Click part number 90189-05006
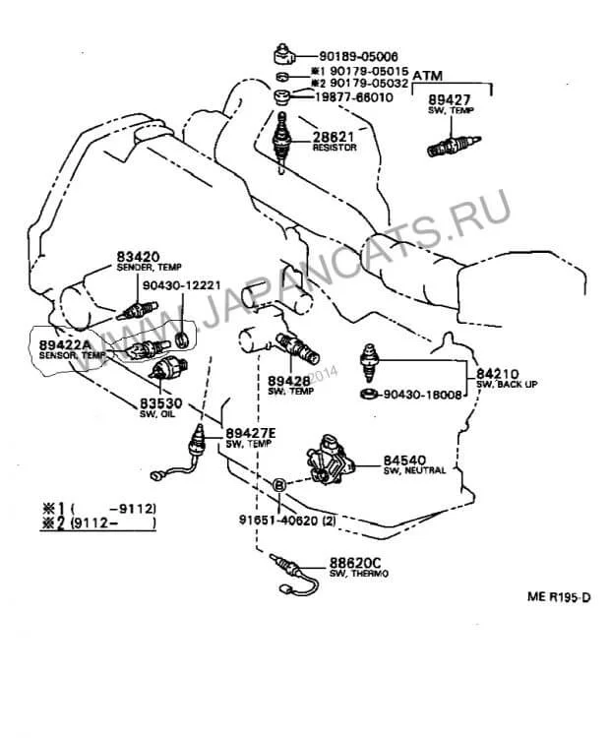pos(356,57)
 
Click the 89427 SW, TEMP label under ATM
pos(450,105)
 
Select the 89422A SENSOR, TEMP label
pos(65,349)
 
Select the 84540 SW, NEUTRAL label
pos(413,463)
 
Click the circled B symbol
pos(279,483)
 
